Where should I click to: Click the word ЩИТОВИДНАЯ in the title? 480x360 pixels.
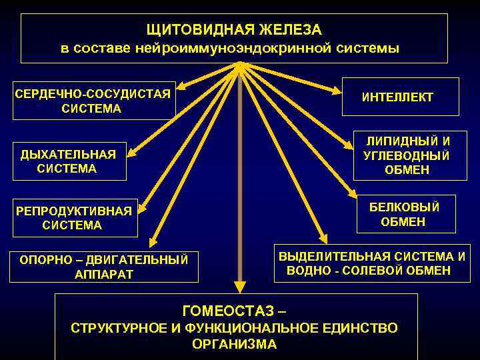pyautogui.click(x=190, y=30)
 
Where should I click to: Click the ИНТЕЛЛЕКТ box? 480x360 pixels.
pyautogui.click(x=397, y=97)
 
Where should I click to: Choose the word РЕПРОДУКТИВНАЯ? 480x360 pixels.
pyautogui.click(x=73, y=211)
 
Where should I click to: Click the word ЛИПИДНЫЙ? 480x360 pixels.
pyautogui.click(x=406, y=141)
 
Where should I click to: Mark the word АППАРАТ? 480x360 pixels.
pyautogui.click(x=105, y=274)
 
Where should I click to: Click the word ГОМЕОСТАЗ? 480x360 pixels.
pyautogui.click(x=227, y=311)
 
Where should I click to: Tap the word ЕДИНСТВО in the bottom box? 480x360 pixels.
pyautogui.click(x=363, y=328)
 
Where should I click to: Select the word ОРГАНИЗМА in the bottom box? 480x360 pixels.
pyautogui.click(x=234, y=345)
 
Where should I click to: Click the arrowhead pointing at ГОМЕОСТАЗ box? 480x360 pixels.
pyautogui.click(x=240, y=287)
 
